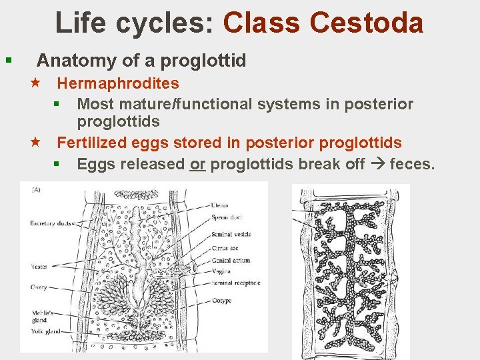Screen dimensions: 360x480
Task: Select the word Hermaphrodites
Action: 118,83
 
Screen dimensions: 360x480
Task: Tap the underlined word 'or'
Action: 197,163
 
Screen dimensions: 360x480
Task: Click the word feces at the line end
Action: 411,163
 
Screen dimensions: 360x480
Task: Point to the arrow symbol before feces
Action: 379,163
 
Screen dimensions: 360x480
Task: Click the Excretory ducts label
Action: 51,223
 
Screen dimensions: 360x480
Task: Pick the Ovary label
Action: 38,287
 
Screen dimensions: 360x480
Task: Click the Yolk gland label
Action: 45,331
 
